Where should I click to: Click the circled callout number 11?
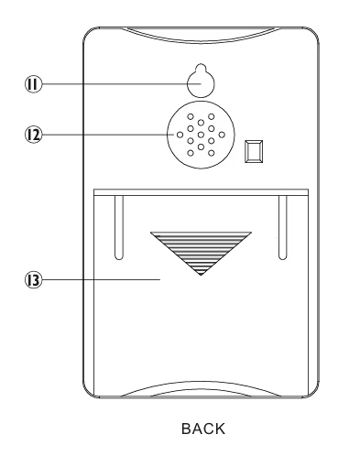33,84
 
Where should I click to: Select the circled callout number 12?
33,135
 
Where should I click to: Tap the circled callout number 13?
33,280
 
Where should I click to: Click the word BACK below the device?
203,429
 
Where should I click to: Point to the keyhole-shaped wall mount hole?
201,81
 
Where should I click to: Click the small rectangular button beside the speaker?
254,151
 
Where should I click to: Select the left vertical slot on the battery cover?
119,227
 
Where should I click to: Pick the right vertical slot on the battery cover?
283,227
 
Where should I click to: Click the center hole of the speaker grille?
201,135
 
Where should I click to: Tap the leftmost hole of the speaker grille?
180,135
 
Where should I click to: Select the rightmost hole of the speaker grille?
222,135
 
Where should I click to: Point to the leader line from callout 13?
102,279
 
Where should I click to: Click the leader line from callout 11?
122,83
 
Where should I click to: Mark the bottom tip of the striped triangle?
201,276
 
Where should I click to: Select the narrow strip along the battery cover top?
201,192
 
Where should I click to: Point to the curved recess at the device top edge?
201,35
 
